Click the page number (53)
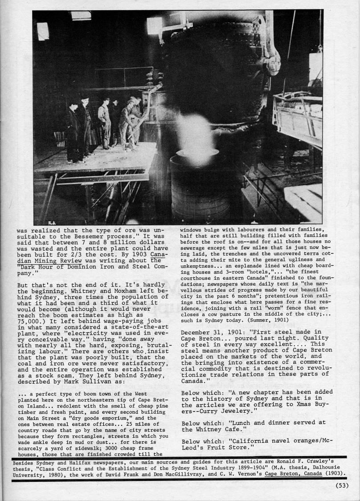coord(342,485)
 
